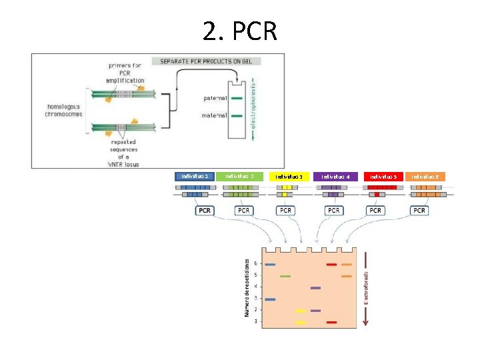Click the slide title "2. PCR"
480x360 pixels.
point(240,30)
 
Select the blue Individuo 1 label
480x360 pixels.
point(194,177)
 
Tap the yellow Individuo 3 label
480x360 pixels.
point(290,177)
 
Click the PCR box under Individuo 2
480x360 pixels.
point(243,211)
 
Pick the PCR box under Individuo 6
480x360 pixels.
point(419,211)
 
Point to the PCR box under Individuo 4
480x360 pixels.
point(333,211)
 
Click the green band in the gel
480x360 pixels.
point(285,276)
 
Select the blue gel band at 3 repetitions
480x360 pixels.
point(270,299)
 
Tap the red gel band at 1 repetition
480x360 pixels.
point(331,322)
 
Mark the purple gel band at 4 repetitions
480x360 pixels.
point(315,288)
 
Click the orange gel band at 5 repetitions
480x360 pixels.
point(347,276)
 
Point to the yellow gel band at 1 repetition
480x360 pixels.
point(301,322)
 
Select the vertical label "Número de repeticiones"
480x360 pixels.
point(246,288)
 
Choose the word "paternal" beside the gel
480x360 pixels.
point(215,99)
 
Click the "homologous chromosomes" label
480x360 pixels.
point(64,109)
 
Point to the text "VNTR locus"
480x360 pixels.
point(122,163)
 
